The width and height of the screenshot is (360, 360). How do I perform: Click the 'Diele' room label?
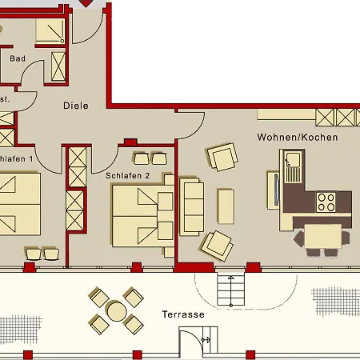click(x=76, y=106)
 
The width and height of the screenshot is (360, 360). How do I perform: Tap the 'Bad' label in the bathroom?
click(x=17, y=58)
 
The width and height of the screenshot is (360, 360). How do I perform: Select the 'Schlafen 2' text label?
click(x=128, y=175)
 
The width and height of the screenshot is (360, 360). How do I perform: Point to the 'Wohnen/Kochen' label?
click(x=297, y=138)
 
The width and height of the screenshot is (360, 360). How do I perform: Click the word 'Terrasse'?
click(x=182, y=314)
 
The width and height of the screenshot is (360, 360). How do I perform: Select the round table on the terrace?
click(x=116, y=310)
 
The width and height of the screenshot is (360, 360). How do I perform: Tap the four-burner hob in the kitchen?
click(x=326, y=201)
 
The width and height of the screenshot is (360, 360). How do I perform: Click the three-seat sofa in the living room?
click(x=192, y=206)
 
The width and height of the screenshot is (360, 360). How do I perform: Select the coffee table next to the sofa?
click(x=225, y=206)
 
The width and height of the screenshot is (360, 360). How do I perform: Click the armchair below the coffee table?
click(x=218, y=243)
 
